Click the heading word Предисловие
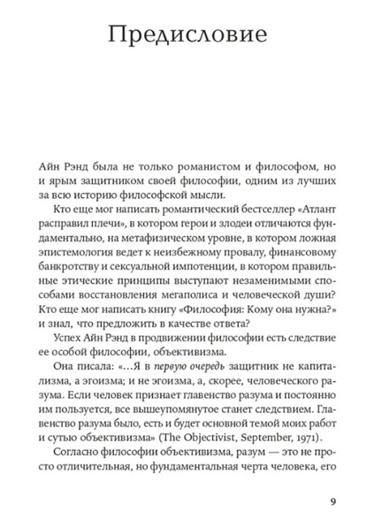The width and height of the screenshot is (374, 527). coord(187,38)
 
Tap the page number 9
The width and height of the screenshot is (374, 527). coord(332,501)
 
